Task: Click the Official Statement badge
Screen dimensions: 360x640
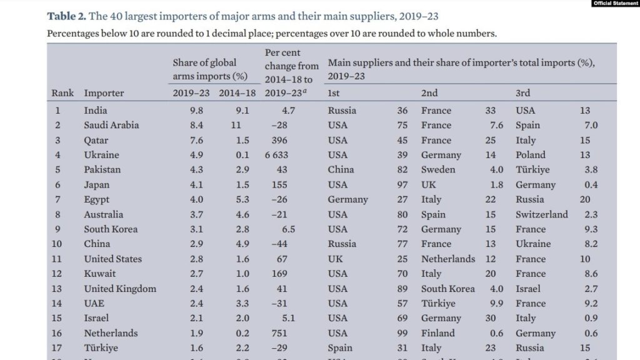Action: pyautogui.click(x=615, y=4)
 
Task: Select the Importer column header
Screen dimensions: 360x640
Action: pyautogui.click(x=104, y=93)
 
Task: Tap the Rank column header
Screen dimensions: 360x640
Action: pyautogui.click(x=62, y=93)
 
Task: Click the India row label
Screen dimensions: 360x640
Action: pyautogui.click(x=96, y=111)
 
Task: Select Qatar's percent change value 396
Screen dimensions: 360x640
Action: pyautogui.click(x=279, y=140)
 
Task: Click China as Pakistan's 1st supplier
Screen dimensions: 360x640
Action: pyautogui.click(x=341, y=169)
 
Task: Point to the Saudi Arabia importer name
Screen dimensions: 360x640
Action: pyautogui.click(x=111, y=125)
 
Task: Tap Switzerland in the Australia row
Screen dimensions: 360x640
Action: pyautogui.click(x=541, y=214)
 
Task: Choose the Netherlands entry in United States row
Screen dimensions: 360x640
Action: pyautogui.click(x=447, y=259)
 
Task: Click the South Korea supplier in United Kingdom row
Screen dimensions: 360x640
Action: pyautogui.click(x=447, y=289)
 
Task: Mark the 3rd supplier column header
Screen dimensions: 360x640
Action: pyautogui.click(x=522, y=93)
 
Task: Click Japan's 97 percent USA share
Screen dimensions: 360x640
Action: pyautogui.click(x=402, y=184)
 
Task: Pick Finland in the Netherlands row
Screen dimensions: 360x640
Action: pyautogui.click(x=437, y=333)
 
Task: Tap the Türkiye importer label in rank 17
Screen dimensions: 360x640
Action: pyautogui.click(x=101, y=348)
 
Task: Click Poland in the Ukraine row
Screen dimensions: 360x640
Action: pyautogui.click(x=530, y=155)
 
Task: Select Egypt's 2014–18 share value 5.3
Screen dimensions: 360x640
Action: pyautogui.click(x=242, y=199)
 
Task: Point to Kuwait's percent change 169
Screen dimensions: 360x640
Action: pyautogui.click(x=279, y=274)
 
